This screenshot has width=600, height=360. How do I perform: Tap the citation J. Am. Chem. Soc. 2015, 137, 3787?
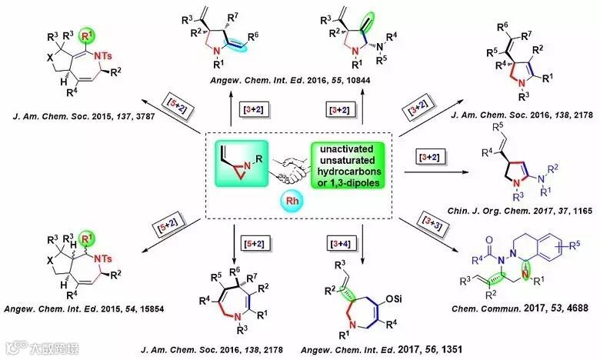coord(75,139)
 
